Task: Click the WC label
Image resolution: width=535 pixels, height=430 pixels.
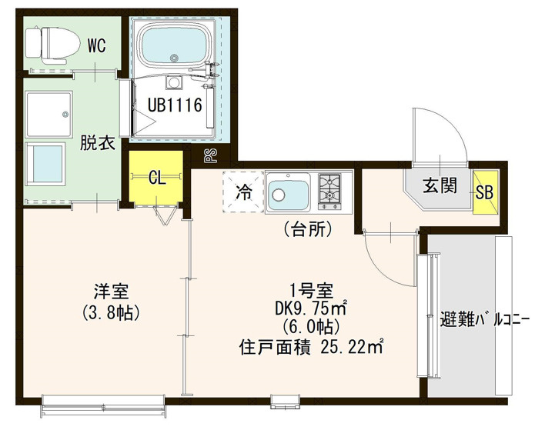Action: point(97,45)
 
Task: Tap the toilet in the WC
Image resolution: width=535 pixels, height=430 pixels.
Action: point(52,45)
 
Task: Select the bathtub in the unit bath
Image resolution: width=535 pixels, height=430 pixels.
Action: point(175,45)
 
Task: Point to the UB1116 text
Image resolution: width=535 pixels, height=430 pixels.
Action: point(175,105)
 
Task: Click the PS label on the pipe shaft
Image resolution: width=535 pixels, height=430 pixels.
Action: point(212,156)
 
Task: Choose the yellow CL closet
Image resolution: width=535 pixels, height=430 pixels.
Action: point(156,178)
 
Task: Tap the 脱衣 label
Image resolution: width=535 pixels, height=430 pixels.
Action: point(97,143)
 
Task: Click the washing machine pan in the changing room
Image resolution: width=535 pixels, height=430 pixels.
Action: point(48,115)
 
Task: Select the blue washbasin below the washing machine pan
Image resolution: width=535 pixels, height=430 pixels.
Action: point(45,164)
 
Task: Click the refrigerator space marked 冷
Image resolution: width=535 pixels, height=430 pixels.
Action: point(243,192)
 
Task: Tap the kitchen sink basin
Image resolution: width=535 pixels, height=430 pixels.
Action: point(289,192)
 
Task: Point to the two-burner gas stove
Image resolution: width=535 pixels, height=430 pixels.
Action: point(329,192)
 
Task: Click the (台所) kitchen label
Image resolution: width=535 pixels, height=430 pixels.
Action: point(308,229)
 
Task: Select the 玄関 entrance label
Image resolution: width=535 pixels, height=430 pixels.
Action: point(440,186)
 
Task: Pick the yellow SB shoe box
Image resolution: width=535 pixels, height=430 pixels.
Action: point(486,192)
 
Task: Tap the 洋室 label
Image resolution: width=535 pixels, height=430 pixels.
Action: point(111,292)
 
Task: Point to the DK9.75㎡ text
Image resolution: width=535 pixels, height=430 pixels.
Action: point(311,309)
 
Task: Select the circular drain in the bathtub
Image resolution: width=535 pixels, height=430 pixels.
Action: point(174,58)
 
